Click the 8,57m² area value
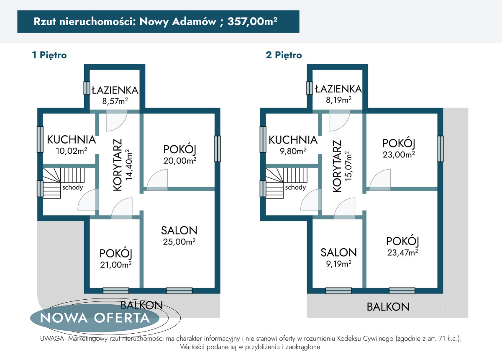pos(115,101)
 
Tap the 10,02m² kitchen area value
pos(72,151)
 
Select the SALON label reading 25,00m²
pos(179,230)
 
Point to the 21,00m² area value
pos(115,265)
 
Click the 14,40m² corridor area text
pos(129,165)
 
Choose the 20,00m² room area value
pos(180,161)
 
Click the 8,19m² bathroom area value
pos(338,100)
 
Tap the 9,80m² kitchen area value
pos(293,151)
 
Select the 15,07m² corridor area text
pos(348,167)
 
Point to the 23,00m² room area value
pos(399,154)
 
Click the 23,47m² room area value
pos(402,252)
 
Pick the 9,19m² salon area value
pos(338,264)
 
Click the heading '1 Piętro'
pos(49,55)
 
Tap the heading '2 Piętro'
pos(284,55)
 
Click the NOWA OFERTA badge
pos(95,318)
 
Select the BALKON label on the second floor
pos(388,306)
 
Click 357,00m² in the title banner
pos(252,21)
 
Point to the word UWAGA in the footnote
pos(53,339)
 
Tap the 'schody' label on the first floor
pos(73,187)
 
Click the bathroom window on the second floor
pos(310,88)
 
